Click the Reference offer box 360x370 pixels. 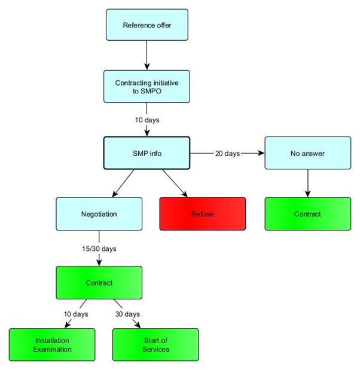[x=147, y=25]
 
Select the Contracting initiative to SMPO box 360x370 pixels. [x=147, y=85]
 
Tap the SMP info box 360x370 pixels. [x=147, y=153]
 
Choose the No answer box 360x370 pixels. [x=307, y=153]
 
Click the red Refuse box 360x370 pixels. [x=202, y=214]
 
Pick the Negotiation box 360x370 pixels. [x=99, y=214]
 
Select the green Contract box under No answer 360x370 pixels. [x=307, y=214]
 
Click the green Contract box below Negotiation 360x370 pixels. [x=99, y=282]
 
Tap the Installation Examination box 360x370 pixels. [x=52, y=344]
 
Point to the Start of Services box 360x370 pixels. [x=155, y=344]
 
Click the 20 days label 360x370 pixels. [x=227, y=153]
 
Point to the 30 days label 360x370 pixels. [x=127, y=314]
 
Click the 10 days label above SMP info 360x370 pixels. [x=147, y=119]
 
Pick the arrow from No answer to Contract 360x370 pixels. [x=307, y=183]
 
